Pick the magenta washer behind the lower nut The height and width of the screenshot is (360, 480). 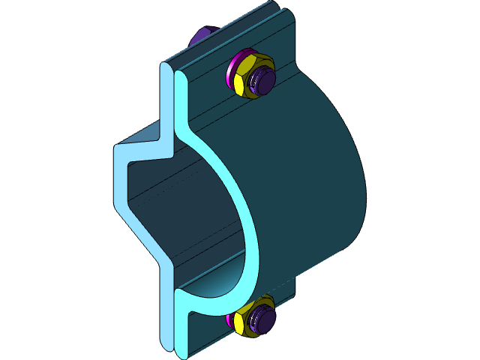(x=228, y=321)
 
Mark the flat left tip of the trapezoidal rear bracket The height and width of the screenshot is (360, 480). (x=118, y=180)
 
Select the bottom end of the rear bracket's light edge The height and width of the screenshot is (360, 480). (x=166, y=337)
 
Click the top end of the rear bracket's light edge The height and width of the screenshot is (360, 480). (x=166, y=71)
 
